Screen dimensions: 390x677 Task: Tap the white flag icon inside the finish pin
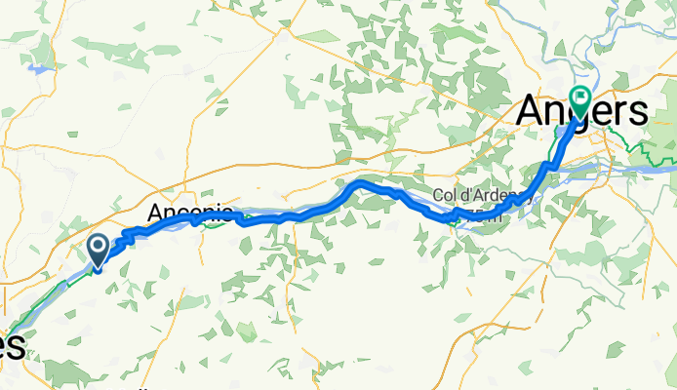(581, 97)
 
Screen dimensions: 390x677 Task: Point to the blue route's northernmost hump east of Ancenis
(360, 182)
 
